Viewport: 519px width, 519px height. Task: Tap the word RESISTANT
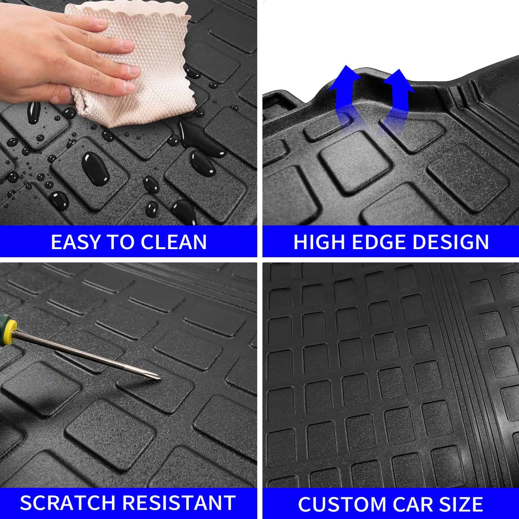pyautogui.click(x=179, y=503)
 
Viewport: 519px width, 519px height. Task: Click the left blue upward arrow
pyautogui.click(x=344, y=97)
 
